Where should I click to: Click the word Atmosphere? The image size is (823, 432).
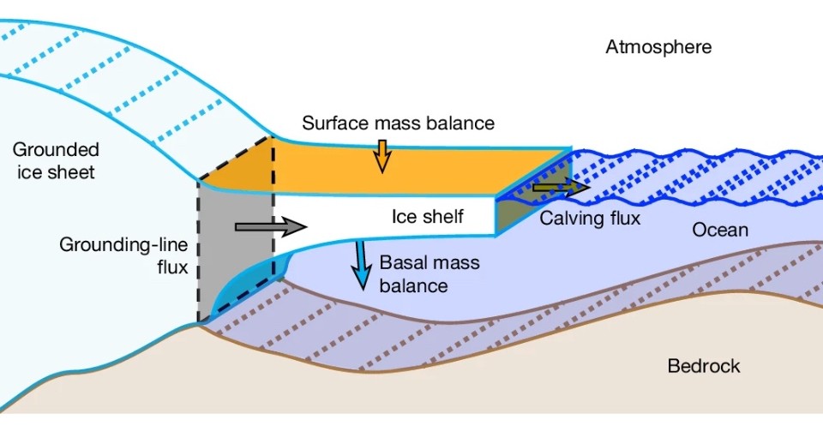pyautogui.click(x=658, y=47)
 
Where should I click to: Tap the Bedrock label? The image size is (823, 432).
pyautogui.click(x=703, y=367)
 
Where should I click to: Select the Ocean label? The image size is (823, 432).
pyautogui.click(x=720, y=230)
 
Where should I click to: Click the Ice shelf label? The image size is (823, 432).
pyautogui.click(x=428, y=217)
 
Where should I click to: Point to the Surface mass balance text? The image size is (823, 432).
pyautogui.click(x=398, y=123)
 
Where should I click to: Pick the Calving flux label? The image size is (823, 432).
pyautogui.click(x=590, y=219)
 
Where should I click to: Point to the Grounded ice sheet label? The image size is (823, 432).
pyautogui.click(x=53, y=160)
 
